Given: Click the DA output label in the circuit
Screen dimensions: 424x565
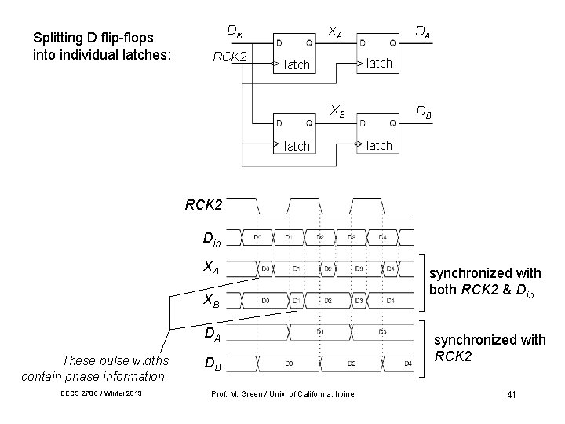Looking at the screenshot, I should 421,31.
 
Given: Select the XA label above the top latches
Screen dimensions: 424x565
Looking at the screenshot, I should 334,31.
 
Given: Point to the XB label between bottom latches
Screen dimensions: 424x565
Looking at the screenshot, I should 337,111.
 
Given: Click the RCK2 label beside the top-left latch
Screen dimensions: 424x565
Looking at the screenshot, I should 231,57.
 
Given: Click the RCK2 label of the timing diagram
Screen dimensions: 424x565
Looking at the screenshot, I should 204,207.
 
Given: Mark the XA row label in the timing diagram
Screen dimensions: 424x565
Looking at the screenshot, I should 211,267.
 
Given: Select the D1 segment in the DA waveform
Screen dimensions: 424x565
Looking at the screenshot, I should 321,332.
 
